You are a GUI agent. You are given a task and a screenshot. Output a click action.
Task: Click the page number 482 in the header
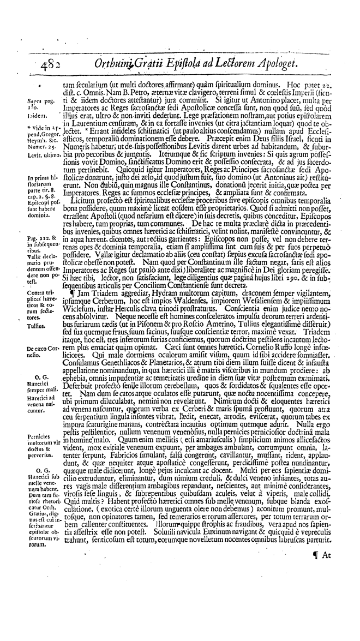37,65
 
